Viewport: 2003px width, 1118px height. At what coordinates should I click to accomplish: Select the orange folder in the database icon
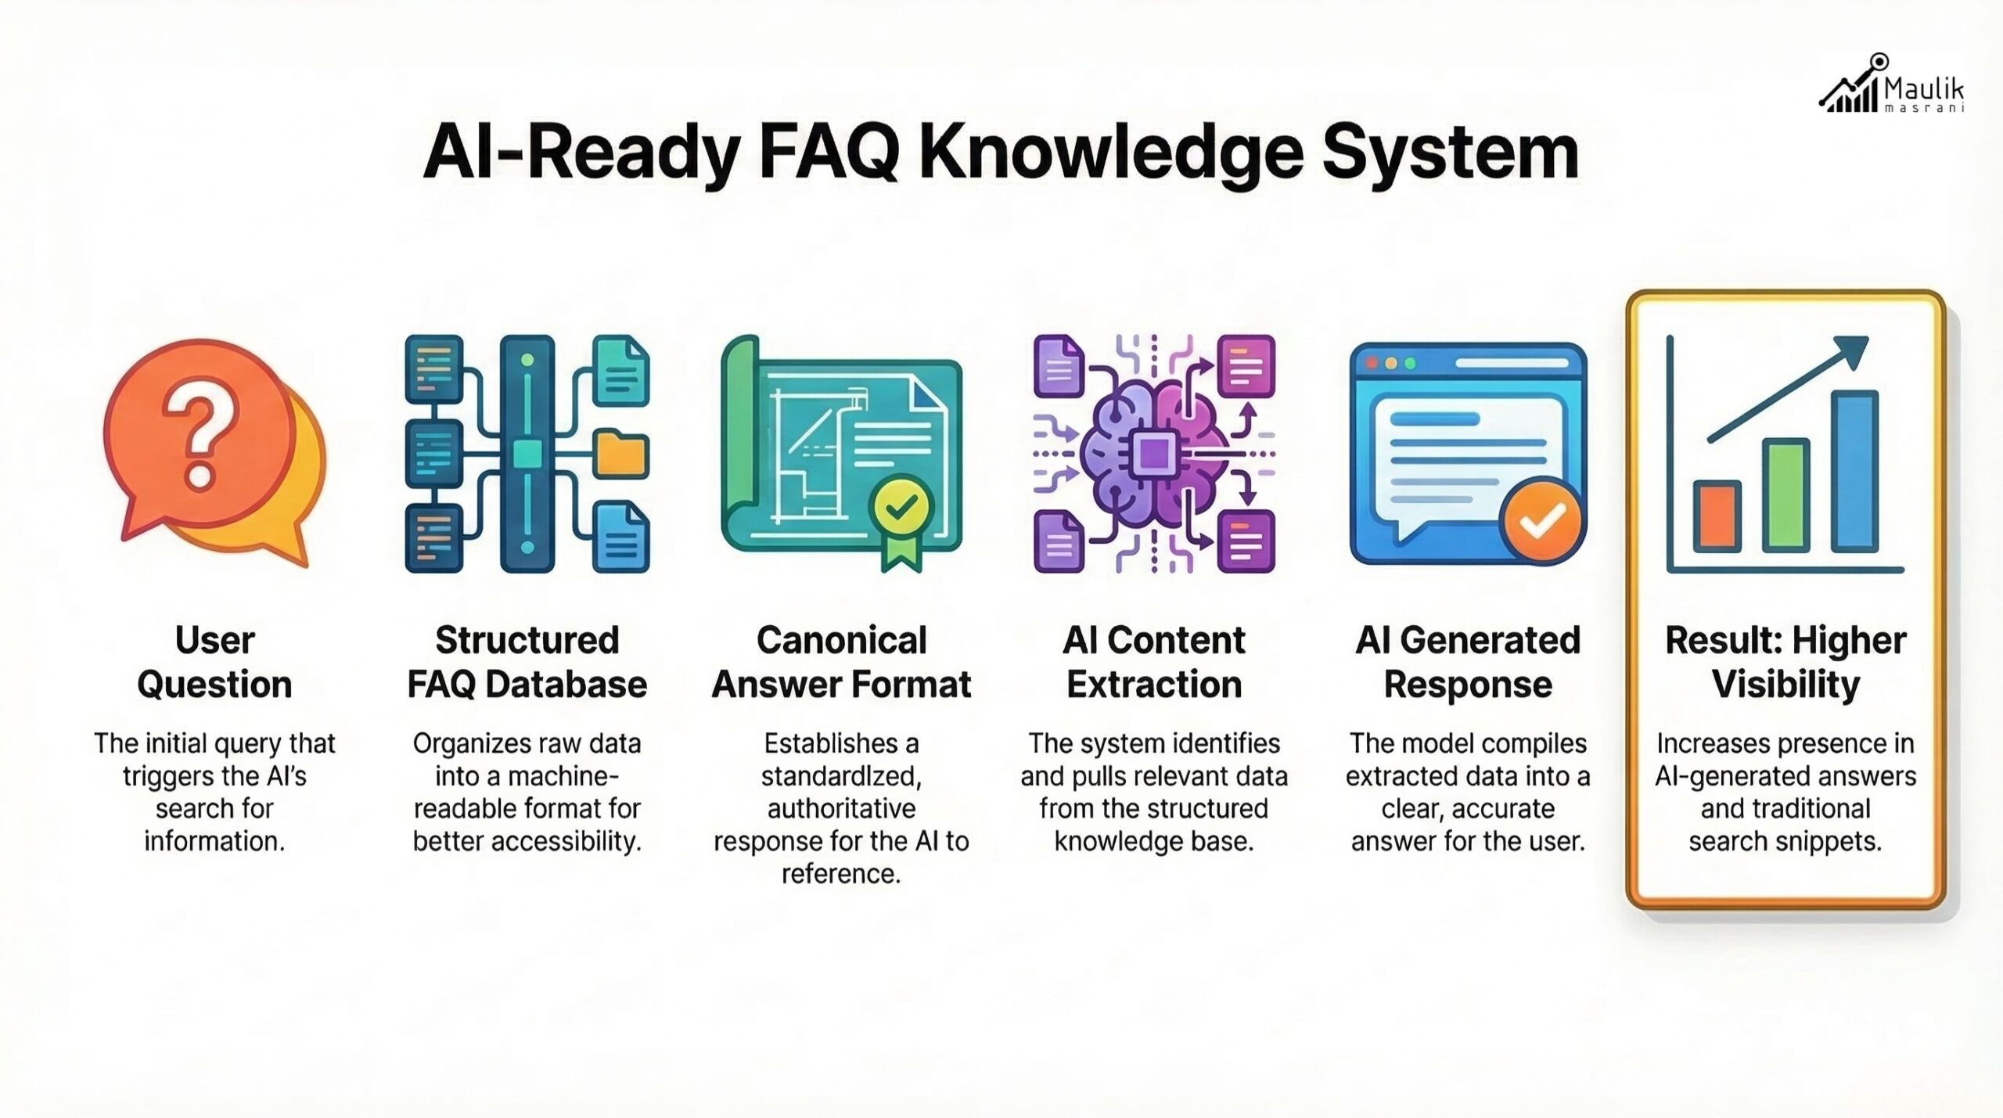point(621,454)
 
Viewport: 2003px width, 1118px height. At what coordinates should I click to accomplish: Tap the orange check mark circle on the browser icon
point(1541,519)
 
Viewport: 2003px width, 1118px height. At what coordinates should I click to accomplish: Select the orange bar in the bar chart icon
point(1717,516)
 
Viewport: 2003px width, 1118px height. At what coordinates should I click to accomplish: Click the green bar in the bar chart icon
point(1785,495)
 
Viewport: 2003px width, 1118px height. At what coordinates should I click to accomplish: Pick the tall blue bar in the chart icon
point(1854,471)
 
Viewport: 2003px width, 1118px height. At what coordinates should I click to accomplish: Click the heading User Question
point(214,662)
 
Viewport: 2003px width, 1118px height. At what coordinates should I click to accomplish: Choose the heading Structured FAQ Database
point(527,662)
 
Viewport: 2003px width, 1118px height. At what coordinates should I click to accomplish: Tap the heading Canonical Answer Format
point(841,662)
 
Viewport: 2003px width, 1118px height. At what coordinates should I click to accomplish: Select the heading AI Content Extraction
point(1154,662)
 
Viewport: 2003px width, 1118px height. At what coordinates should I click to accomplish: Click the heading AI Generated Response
point(1468,662)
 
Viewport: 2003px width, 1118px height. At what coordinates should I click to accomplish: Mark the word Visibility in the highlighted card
point(1785,685)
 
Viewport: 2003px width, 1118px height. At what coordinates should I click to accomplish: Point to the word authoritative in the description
point(841,808)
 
